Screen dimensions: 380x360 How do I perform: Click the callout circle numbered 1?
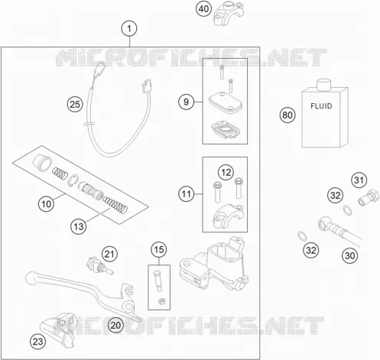[x=129, y=28]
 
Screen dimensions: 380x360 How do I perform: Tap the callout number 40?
[x=203, y=9]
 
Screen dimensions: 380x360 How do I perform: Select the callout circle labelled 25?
[x=75, y=105]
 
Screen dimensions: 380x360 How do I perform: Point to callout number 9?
[x=186, y=102]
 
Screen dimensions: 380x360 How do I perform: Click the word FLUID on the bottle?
[x=321, y=106]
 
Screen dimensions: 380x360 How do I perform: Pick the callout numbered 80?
[x=287, y=115]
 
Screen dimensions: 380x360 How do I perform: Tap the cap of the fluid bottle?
[x=323, y=85]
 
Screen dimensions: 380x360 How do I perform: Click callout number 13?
[x=79, y=226]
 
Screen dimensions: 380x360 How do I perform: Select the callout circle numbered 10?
[x=46, y=204]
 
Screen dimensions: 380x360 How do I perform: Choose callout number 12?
[x=226, y=173]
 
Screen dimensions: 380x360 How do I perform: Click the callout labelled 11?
[x=186, y=194]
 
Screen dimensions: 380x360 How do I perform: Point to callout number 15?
[x=159, y=249]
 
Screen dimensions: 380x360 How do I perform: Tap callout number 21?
[x=109, y=254]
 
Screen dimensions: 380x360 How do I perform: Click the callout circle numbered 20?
[x=115, y=325]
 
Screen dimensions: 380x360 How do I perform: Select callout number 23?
[x=38, y=342]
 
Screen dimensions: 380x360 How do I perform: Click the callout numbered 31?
[x=359, y=180]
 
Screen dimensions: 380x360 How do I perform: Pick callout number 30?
[x=349, y=255]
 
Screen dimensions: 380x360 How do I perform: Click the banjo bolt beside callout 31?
[x=369, y=197]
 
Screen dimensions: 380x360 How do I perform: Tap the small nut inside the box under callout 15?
[x=161, y=301]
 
